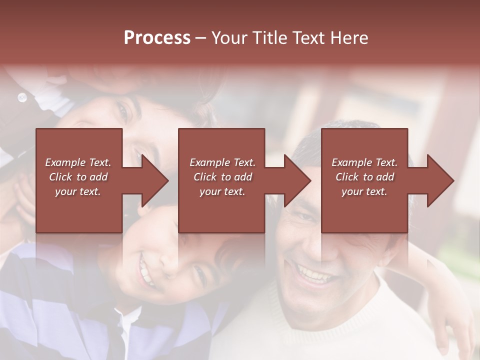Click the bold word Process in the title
157,38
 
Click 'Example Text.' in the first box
78,162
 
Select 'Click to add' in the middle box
222,177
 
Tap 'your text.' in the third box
364,191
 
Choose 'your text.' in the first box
78,191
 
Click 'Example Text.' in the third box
364,162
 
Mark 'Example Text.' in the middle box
222,162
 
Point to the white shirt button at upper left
22,97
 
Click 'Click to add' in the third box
364,177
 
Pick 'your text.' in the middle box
222,191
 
